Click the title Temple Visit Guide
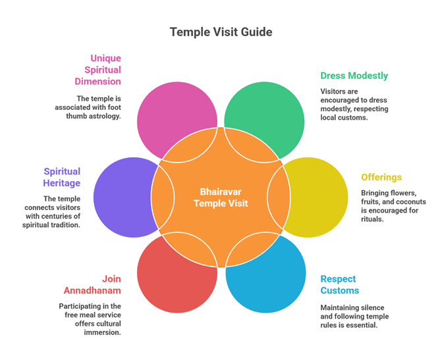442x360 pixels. coord(221,32)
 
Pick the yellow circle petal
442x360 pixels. coord(323,197)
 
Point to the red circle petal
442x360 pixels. coord(168,283)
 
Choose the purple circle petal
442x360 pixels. coord(119,197)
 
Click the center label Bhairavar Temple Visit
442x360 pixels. coord(221,197)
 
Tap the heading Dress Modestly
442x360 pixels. coord(354,76)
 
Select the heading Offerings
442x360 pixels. coord(381,177)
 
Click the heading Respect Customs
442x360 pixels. coord(340,284)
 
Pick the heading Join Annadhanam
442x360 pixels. coord(92,284)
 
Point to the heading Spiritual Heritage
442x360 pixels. coord(62,177)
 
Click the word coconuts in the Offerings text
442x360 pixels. coord(409,202)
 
